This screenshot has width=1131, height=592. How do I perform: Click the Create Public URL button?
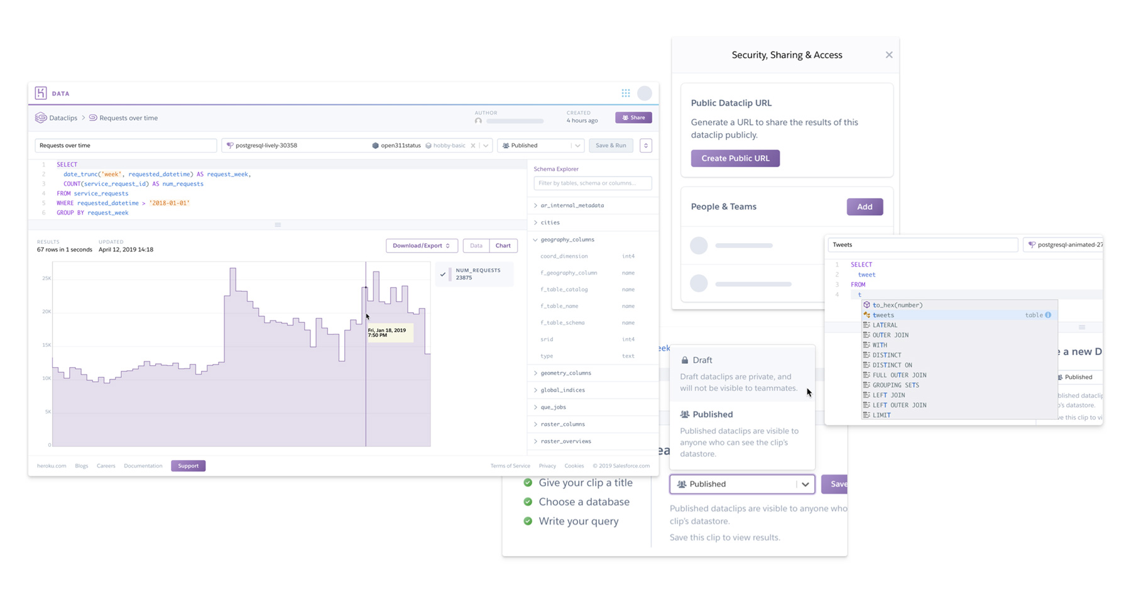pyautogui.click(x=735, y=158)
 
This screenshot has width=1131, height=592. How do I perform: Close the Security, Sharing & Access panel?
pyautogui.click(x=888, y=55)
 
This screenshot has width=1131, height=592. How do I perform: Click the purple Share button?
pyautogui.click(x=633, y=118)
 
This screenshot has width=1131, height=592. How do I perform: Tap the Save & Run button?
pyautogui.click(x=610, y=146)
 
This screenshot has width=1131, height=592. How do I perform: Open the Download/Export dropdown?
pyautogui.click(x=421, y=246)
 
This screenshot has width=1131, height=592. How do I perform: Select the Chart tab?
pyautogui.click(x=503, y=246)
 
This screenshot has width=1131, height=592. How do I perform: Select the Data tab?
pyautogui.click(x=476, y=246)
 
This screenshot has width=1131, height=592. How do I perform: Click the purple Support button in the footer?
pyautogui.click(x=188, y=466)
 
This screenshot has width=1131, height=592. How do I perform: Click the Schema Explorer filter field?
pyautogui.click(x=592, y=184)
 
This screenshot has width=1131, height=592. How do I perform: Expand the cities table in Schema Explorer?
pyautogui.click(x=550, y=222)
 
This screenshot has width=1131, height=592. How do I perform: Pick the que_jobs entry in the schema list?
pyautogui.click(x=553, y=407)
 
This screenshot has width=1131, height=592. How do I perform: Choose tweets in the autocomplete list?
pyautogui.click(x=883, y=315)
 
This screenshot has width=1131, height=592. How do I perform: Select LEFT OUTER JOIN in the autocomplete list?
pyautogui.click(x=899, y=405)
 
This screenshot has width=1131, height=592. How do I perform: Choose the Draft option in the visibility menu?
pyautogui.click(x=702, y=361)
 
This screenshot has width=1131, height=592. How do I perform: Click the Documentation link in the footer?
pyautogui.click(x=143, y=466)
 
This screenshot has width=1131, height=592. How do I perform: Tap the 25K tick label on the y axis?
pyautogui.click(x=46, y=278)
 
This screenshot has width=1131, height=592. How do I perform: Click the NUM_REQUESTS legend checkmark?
pyautogui.click(x=443, y=274)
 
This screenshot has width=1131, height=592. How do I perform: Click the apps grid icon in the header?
pyautogui.click(x=626, y=94)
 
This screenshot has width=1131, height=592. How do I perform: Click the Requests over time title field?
pyautogui.click(x=126, y=146)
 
